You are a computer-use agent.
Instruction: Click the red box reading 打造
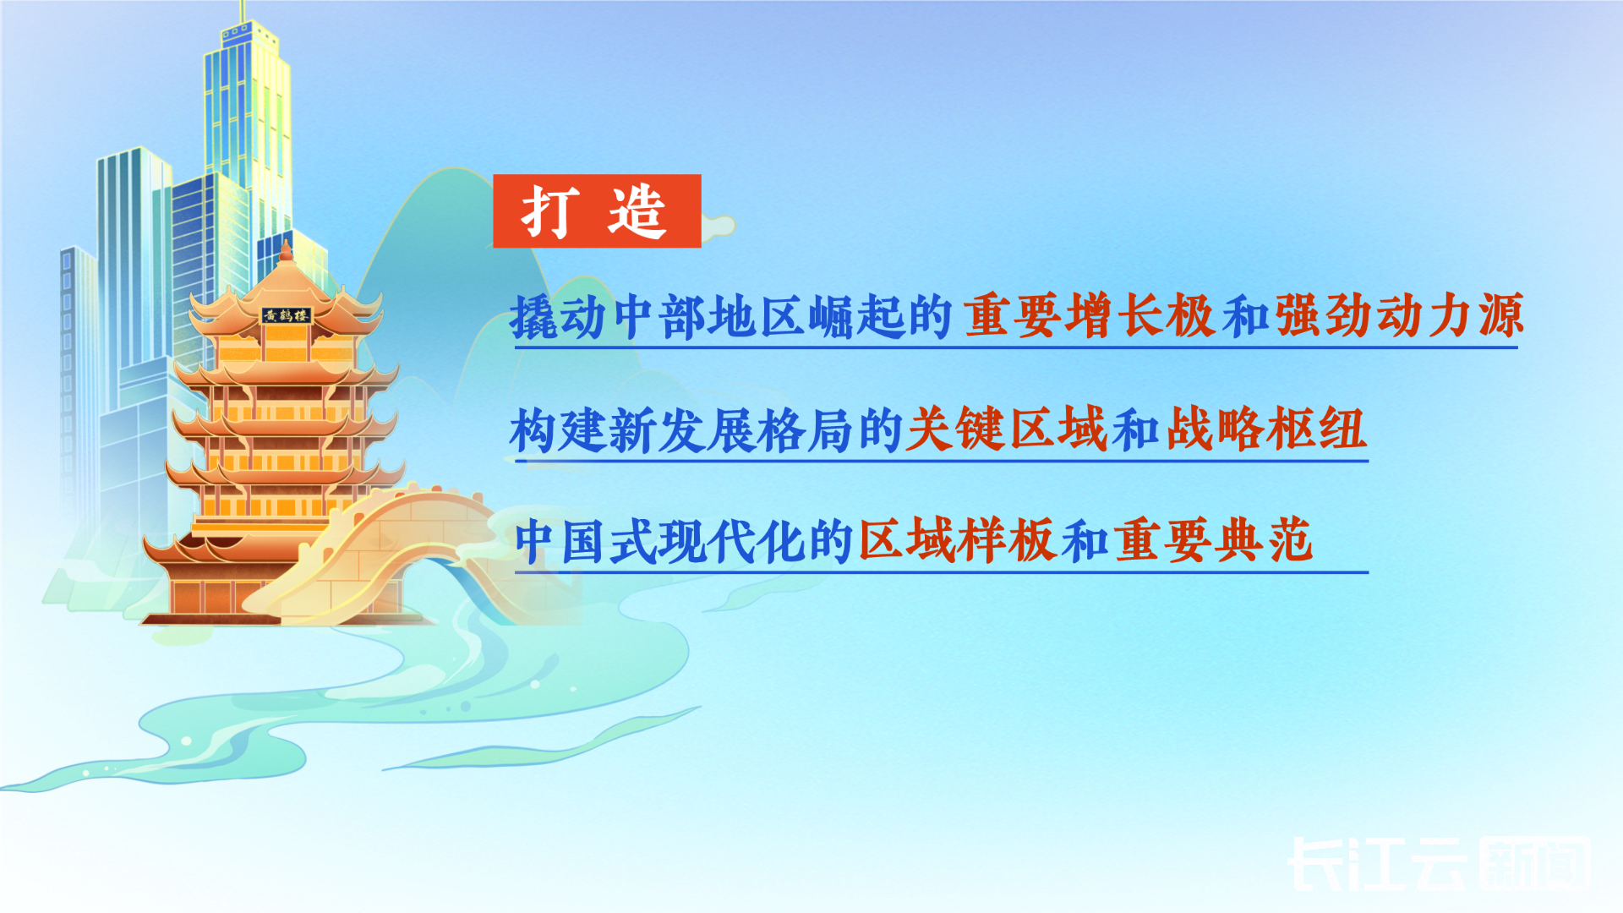(597, 210)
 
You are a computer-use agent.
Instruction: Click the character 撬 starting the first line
(534, 317)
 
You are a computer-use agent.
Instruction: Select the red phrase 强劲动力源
(1399, 314)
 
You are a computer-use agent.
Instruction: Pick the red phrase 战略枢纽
(1266, 429)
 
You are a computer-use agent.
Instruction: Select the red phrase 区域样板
(956, 540)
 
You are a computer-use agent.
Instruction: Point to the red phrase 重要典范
(1213, 540)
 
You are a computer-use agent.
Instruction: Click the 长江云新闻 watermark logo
(1440, 864)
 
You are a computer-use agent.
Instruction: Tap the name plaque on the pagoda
(286, 315)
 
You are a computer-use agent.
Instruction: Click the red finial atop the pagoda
(286, 250)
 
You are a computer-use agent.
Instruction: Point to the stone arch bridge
(397, 549)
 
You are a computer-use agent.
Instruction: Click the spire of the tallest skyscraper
(243, 12)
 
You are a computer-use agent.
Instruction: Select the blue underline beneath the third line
(941, 572)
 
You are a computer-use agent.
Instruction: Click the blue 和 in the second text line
(1135, 429)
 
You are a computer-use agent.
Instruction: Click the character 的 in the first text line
(929, 317)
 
